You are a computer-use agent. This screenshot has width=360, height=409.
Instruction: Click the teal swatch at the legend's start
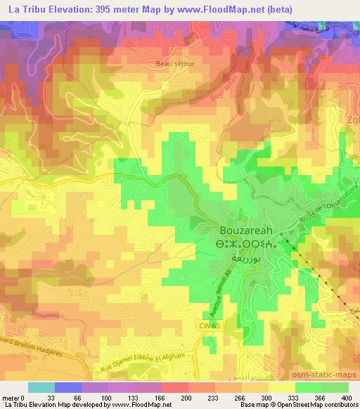click(41, 387)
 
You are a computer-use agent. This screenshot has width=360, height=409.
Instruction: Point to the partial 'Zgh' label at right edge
click(352, 119)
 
